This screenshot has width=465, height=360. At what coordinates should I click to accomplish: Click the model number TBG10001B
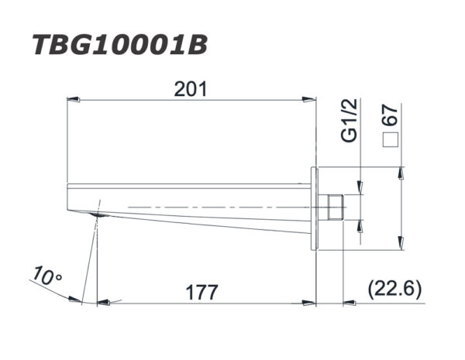(x=120, y=45)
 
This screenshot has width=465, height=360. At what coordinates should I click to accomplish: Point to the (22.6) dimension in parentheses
(x=394, y=290)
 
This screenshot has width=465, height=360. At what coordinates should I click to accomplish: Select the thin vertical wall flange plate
(x=314, y=207)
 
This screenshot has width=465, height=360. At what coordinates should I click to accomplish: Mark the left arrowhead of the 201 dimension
(x=74, y=99)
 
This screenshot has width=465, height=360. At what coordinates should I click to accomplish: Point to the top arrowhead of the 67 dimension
(x=401, y=173)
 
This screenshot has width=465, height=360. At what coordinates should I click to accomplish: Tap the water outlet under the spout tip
(x=95, y=214)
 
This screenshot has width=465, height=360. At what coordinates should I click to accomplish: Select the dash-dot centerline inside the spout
(x=217, y=207)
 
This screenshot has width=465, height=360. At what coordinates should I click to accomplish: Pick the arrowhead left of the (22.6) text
(x=353, y=303)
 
